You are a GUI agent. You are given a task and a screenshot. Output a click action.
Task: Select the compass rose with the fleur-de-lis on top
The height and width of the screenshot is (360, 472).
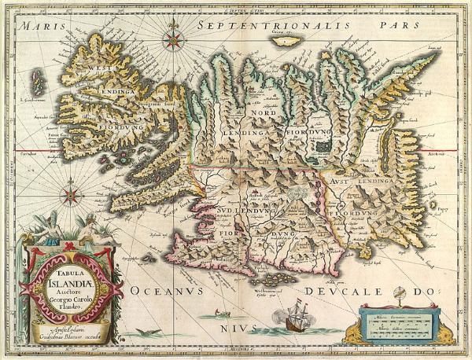[x=173, y=34]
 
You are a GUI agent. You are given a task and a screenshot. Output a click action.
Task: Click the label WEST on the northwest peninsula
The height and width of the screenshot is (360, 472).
[x=105, y=68]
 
